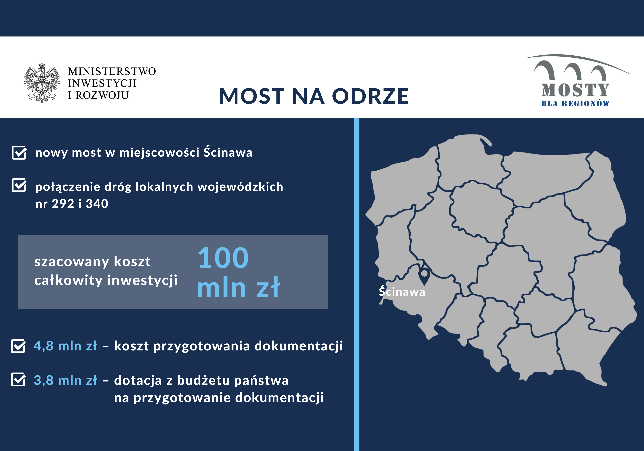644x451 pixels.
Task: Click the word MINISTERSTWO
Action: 112,71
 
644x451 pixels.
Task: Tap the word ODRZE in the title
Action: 371,96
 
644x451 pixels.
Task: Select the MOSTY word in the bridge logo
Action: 575,90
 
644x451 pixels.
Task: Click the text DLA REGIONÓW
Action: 575,104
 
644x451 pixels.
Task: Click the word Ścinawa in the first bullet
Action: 228,152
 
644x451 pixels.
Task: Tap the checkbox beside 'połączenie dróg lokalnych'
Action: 19,185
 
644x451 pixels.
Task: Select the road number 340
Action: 97,204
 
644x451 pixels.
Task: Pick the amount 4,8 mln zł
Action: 65,346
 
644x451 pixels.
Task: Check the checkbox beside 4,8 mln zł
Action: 18,346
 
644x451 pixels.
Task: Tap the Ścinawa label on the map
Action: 402,292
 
